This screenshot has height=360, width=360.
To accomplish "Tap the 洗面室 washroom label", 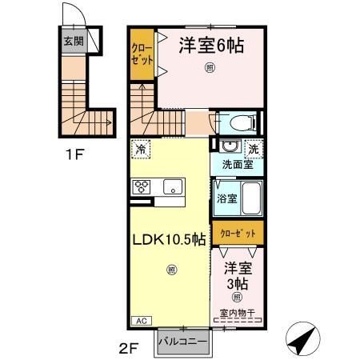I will pyautogui.click(x=238, y=164).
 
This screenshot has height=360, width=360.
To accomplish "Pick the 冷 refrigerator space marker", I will pyautogui.click(x=141, y=149).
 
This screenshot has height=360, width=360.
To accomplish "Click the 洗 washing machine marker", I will pyautogui.click(x=253, y=148).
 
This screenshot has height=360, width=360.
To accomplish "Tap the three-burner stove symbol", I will pyautogui.click(x=142, y=186).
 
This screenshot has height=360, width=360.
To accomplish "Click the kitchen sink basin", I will pyautogui.click(x=171, y=187).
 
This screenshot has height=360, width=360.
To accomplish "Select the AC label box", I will pyautogui.click(x=138, y=319).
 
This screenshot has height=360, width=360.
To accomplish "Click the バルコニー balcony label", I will pyautogui.click(x=182, y=341).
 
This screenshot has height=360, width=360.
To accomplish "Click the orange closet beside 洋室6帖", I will pyautogui.click(x=141, y=54).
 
